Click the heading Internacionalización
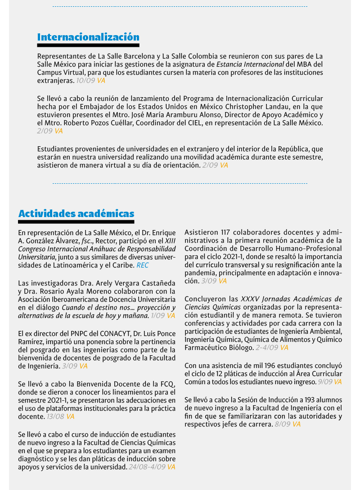pyautogui.click(x=88, y=37)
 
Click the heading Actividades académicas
pyautogui.click(x=76, y=213)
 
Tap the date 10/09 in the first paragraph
pyautogui.click(x=85, y=81)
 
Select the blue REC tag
pyautogui.click(x=143, y=265)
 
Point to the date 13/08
pyautogui.click(x=55, y=417)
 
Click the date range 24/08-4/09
pyautogui.click(x=147, y=467)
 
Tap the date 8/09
pyautogui.click(x=282, y=424)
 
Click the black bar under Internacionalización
pyautogui.click(x=88, y=45)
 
